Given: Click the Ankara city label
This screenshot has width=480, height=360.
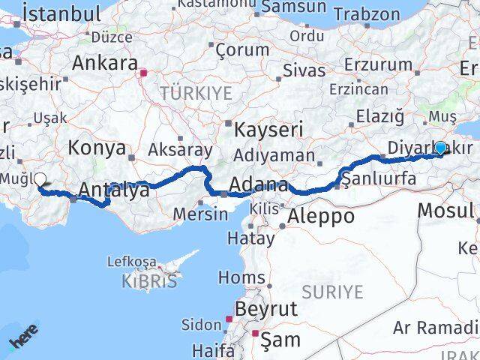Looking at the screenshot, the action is click(105, 63).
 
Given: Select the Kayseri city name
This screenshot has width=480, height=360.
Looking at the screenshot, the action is click(268, 129).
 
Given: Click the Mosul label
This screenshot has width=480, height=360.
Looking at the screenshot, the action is click(445, 209).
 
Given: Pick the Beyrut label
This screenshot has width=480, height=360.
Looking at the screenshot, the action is click(265, 308).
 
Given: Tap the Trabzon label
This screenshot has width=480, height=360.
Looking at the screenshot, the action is click(366, 13).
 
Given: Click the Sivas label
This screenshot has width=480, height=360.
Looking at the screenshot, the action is click(304, 70).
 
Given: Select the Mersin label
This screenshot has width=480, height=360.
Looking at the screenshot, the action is click(200, 214).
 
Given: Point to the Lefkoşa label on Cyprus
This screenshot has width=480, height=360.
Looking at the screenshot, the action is click(132, 262).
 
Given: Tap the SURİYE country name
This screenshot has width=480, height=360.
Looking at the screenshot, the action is click(332, 291).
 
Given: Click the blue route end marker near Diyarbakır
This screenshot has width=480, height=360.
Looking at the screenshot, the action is click(440, 148).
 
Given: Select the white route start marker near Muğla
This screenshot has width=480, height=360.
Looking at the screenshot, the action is click(40, 179).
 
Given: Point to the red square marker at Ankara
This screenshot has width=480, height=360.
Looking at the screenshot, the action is click(143, 73).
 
